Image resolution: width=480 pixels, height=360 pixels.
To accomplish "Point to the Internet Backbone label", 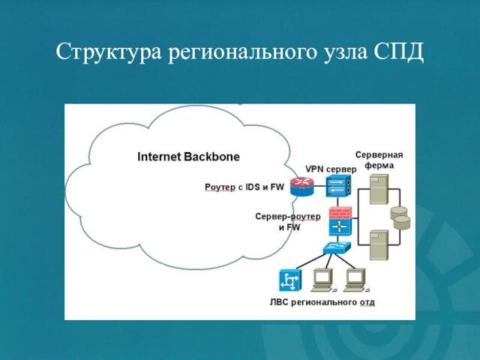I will (x=188, y=157).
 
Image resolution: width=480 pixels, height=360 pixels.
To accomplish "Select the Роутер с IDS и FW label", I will (x=244, y=187).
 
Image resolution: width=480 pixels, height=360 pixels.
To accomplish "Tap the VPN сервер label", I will (x=331, y=169).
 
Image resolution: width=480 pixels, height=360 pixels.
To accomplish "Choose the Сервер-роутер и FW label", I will (x=288, y=221).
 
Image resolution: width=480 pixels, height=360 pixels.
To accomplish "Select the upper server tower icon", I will (x=379, y=190).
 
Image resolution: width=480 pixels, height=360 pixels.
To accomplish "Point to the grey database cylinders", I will (x=401, y=217).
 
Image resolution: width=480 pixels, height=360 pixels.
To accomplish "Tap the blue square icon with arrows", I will (x=289, y=280).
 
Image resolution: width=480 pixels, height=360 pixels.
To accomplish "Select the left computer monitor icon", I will (x=324, y=278).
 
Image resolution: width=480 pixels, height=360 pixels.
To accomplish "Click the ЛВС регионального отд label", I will (x=322, y=302).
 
